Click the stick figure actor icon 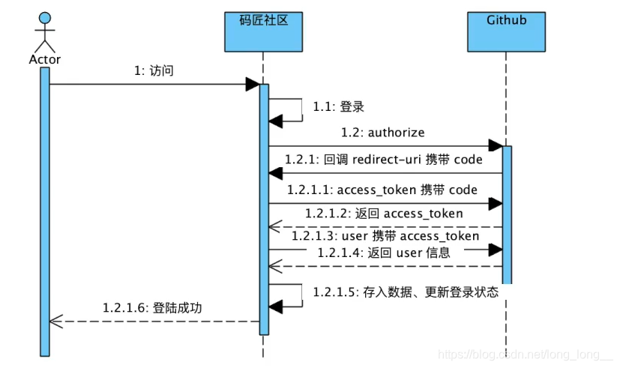click(45, 31)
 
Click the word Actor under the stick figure click(45, 59)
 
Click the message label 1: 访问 click(154, 71)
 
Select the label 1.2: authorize click(382, 133)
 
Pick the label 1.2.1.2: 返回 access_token click(384, 214)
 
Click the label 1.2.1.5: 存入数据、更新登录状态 click(406, 292)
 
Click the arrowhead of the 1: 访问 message click(252, 85)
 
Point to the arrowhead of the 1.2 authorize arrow click(495, 145)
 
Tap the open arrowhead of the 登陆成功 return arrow click(54, 321)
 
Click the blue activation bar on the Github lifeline click(507, 214)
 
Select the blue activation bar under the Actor click(45, 210)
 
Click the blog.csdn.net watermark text click(524, 352)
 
